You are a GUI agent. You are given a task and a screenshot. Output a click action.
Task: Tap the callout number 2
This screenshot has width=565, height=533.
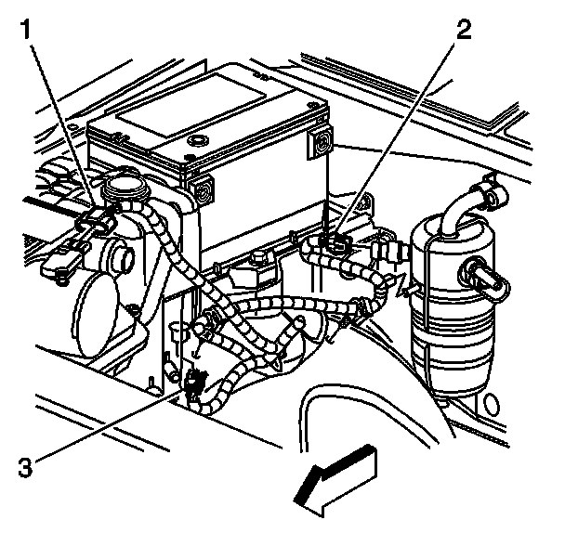tap(462, 29)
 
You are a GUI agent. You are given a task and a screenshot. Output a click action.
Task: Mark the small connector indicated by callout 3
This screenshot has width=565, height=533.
tap(193, 382)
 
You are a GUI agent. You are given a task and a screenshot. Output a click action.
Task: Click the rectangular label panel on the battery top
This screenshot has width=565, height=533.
tap(191, 102)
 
